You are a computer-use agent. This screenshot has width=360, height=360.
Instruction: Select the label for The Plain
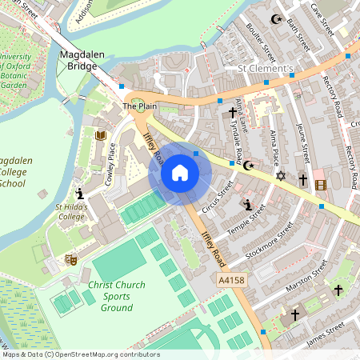pos(139,106)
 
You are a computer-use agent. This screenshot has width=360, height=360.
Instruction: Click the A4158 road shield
pos(230,281)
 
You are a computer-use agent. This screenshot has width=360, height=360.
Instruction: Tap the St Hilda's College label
pos(70,212)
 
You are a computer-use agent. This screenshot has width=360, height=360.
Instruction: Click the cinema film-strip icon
pos(321,185)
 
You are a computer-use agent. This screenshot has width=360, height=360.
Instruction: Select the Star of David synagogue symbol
pos(280,175)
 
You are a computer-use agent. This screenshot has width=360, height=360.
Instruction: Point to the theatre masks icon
pos(70,259)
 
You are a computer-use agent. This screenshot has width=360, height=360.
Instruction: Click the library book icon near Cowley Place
pos(101,136)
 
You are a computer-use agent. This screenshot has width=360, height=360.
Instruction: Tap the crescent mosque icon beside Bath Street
pos(278,19)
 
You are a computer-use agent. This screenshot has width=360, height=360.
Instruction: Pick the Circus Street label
pos(217,198)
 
